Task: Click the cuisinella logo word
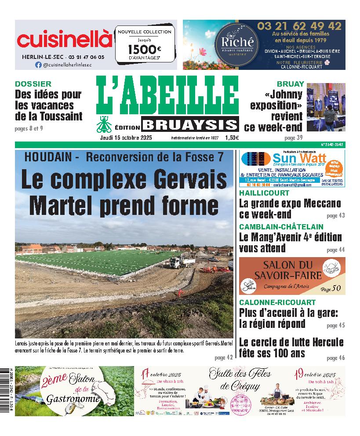65,40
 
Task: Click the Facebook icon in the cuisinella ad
38,65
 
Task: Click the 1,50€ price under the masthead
232,138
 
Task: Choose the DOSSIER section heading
33,84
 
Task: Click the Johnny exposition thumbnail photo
326,107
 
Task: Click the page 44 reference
336,250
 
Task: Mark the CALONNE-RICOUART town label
277,302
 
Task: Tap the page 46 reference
336,358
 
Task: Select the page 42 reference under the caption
224,357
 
